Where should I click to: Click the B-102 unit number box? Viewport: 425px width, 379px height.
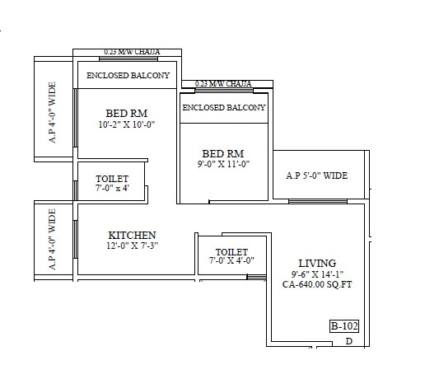tap(343, 325)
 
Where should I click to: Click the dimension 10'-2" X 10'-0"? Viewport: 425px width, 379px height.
tap(126, 124)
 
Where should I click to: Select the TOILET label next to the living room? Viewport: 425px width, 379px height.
tap(231, 251)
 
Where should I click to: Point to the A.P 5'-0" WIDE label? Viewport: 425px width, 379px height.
tap(317, 175)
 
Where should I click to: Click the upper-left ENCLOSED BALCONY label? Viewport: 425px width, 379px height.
tap(128, 76)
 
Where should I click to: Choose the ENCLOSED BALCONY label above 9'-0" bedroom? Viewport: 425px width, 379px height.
tap(224, 108)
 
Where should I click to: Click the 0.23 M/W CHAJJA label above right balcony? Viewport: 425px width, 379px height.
tap(224, 83)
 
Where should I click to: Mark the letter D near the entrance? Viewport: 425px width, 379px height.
tap(349, 341)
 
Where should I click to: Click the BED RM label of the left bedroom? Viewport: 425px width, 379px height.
tap(126, 113)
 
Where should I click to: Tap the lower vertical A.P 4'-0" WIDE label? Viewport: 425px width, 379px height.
tap(53, 240)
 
